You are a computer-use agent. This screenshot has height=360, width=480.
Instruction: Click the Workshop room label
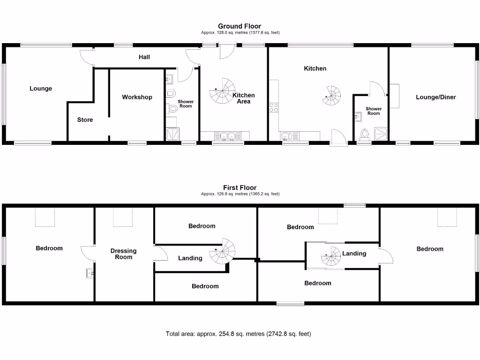pos(137,97)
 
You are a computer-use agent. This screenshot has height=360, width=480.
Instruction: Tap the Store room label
pos(85,120)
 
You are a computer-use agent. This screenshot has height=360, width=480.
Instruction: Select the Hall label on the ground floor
pos(144,57)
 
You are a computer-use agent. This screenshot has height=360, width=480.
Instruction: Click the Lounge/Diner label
pos(435,97)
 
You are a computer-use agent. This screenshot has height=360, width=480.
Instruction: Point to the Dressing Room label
pos(123,254)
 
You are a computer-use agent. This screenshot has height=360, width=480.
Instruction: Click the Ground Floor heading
pos(240,26)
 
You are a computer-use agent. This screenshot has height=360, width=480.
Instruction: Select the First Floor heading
pos(240,188)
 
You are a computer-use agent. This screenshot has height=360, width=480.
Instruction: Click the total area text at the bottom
pos(238,334)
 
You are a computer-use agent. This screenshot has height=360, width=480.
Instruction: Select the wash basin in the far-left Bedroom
pos(90,273)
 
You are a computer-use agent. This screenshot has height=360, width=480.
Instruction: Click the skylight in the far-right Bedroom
pos(447,217)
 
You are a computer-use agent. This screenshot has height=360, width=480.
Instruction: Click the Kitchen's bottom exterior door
pos(338,139)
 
